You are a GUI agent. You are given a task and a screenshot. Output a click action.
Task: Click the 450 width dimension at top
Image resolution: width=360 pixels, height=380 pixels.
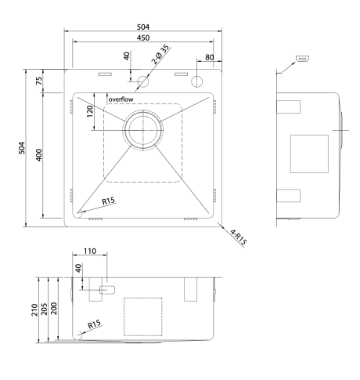tap(143, 38)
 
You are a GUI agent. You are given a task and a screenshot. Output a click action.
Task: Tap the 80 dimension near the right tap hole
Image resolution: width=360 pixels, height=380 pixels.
tap(210, 57)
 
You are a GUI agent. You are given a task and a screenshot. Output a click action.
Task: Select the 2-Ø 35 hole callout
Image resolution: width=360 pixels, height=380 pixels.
tap(160, 55)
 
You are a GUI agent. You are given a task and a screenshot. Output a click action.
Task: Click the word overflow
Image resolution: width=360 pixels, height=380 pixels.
tap(121, 100)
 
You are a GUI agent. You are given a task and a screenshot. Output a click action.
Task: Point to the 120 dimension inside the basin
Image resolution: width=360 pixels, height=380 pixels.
tap(90, 111)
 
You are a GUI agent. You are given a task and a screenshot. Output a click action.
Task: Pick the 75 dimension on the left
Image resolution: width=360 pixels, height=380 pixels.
tap(39, 81)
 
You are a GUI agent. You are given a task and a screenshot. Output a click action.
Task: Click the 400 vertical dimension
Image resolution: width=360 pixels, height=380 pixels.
tap(38, 155)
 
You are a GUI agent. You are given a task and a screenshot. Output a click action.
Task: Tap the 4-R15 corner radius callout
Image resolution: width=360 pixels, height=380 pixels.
tap(239, 237)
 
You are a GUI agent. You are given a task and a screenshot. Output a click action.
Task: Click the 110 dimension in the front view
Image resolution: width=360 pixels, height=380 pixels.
tap(90, 251)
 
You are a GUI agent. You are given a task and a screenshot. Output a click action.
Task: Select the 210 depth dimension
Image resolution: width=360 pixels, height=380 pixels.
tap(34, 309)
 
